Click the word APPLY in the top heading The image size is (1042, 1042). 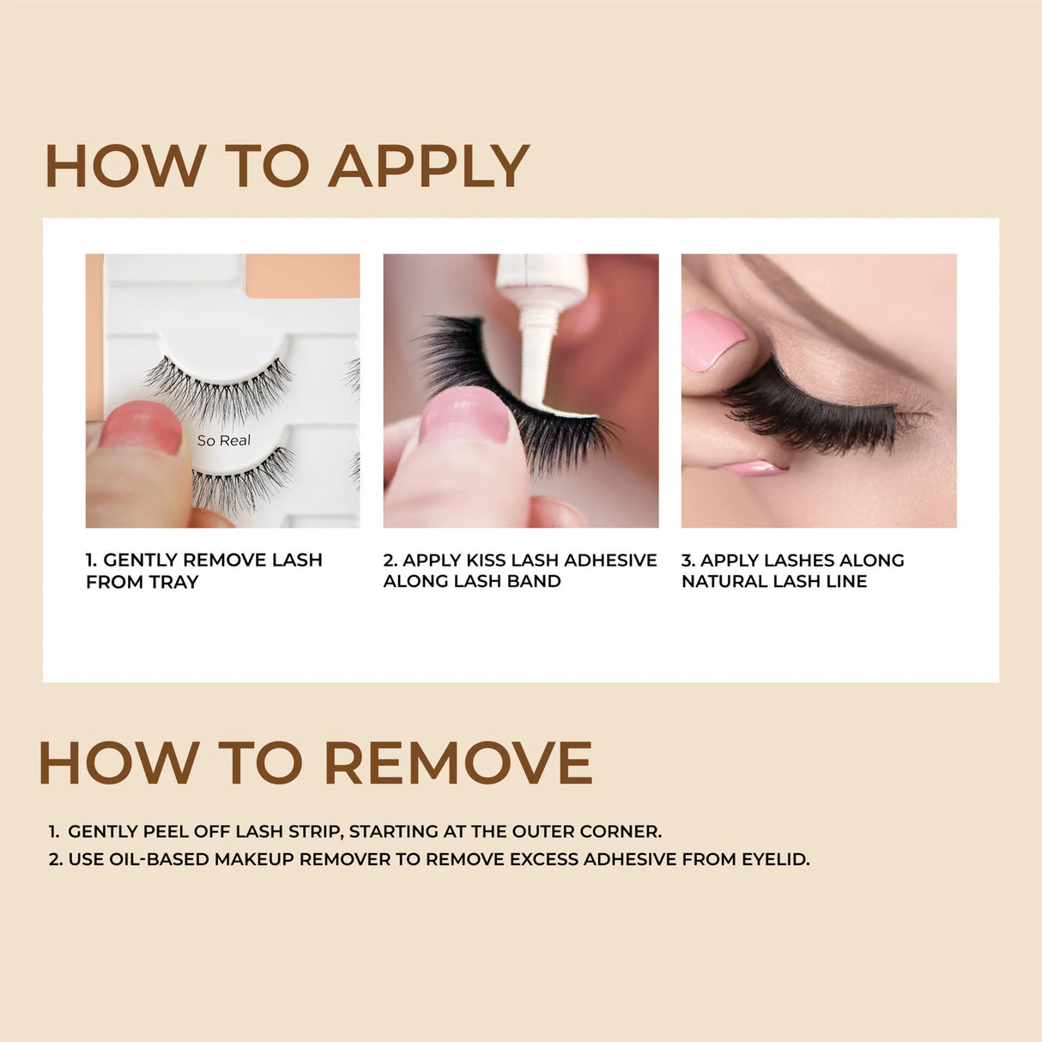point(428,166)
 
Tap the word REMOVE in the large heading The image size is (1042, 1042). point(457,762)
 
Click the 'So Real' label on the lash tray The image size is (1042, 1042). point(224,440)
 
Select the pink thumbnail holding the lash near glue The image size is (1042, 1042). point(465,415)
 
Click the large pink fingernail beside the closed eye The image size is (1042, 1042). point(713,339)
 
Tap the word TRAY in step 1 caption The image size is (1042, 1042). point(174,582)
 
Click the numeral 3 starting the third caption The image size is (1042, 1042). point(687,560)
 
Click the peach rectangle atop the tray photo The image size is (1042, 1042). point(302,275)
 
